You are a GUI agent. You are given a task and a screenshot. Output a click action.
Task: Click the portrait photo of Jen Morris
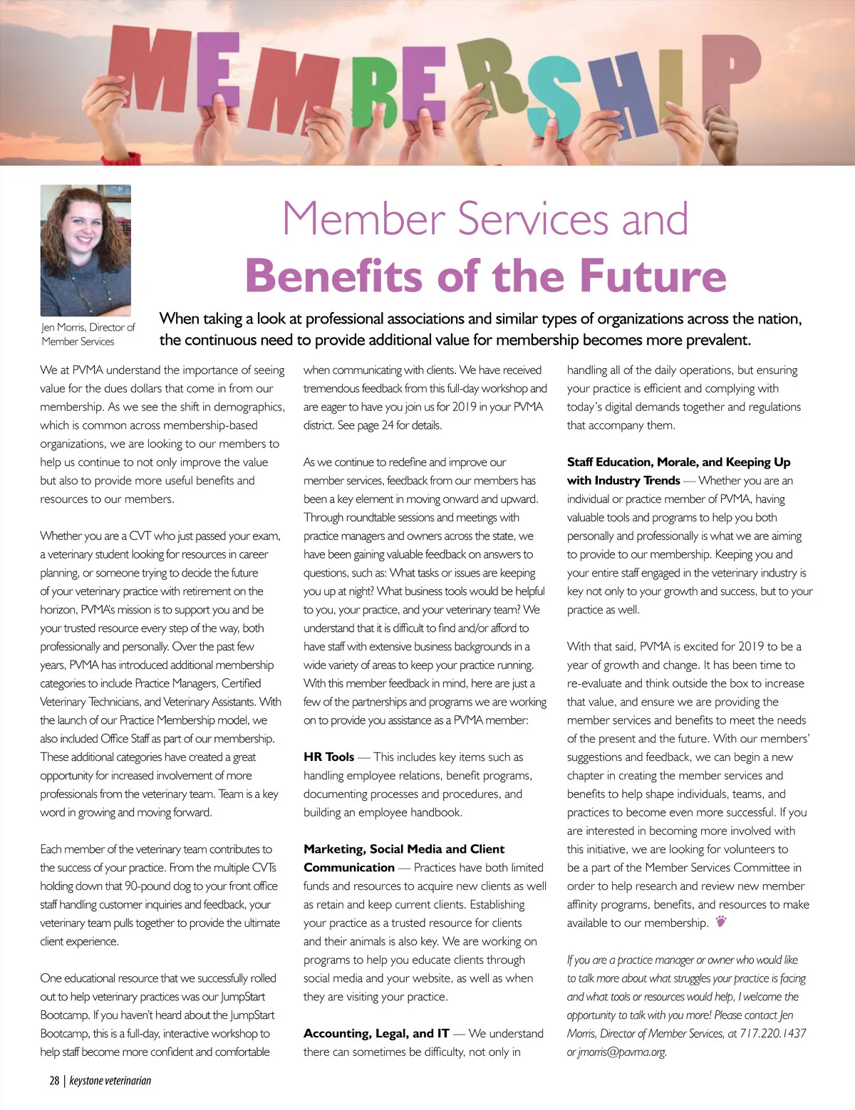(85, 250)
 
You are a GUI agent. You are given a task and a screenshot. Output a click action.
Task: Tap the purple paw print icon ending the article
(721, 922)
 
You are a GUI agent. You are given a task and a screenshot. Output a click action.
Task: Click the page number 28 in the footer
(54, 1080)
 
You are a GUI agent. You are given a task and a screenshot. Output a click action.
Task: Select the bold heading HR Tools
(328, 757)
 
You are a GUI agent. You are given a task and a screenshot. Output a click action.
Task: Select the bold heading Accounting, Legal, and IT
(376, 1033)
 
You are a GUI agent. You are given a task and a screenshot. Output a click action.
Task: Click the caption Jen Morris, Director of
(88, 327)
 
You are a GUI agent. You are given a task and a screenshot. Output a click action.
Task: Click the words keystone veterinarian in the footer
(110, 1080)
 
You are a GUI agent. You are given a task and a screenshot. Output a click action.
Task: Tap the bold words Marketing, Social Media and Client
(404, 849)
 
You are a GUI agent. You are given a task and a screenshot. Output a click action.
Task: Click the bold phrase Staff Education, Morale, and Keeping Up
(678, 462)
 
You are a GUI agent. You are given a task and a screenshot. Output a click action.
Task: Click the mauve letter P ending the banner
(730, 71)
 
